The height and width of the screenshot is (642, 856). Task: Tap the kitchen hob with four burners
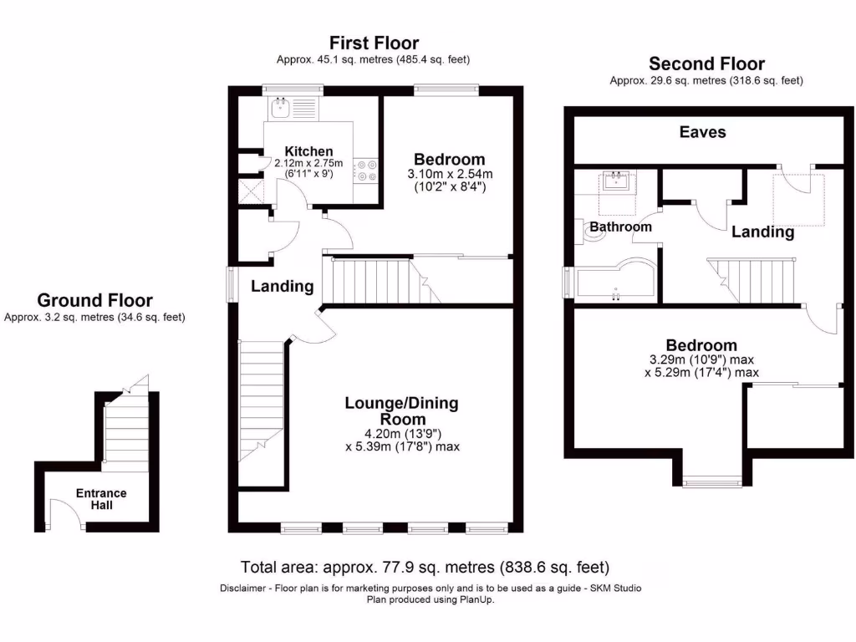pos(366,171)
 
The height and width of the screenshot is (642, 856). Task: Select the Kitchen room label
pos(308,151)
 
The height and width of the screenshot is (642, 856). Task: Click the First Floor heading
pos(374,43)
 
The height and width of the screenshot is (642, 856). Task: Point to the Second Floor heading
pos(706,64)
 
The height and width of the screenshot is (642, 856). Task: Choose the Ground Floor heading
pos(94,300)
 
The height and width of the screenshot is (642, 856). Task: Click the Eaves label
pos(702,132)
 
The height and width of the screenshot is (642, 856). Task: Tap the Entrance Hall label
pos(101,499)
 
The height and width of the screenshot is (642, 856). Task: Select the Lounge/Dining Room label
pos(401,410)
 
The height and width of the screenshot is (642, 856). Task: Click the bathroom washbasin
pos(616,181)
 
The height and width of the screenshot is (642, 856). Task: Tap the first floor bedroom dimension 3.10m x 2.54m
pos(450,174)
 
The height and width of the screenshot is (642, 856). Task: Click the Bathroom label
pos(620,227)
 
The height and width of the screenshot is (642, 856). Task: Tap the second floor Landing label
pos(762,232)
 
